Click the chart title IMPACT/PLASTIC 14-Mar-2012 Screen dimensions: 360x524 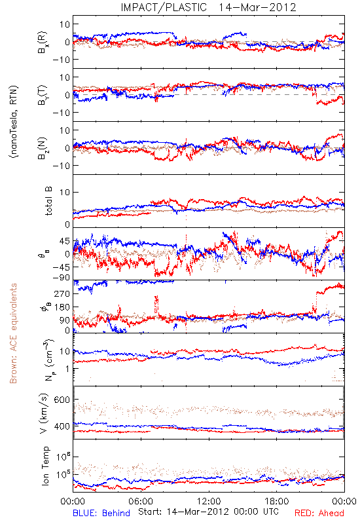(x=208, y=7)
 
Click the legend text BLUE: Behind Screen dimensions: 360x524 (x=101, y=513)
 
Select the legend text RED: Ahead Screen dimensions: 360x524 (x=319, y=513)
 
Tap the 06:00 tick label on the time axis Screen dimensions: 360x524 (x=141, y=501)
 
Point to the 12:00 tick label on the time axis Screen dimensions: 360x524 (x=209, y=501)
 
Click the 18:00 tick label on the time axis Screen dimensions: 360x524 (x=277, y=501)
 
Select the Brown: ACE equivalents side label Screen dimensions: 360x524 (x=13, y=333)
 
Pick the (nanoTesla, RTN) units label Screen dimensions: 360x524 (x=14, y=121)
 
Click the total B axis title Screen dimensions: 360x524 (x=48, y=201)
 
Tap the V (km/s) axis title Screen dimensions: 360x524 (x=45, y=413)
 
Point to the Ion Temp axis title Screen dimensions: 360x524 (x=45, y=466)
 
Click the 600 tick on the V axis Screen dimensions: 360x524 (x=62, y=400)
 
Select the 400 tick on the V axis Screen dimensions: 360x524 (x=62, y=426)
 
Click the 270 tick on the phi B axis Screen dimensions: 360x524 (x=62, y=293)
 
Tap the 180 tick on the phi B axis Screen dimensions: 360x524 (x=62, y=307)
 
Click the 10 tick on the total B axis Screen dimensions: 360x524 (x=65, y=192)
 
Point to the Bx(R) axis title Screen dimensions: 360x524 (x=43, y=43)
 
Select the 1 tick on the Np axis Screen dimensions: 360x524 (x=67, y=369)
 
